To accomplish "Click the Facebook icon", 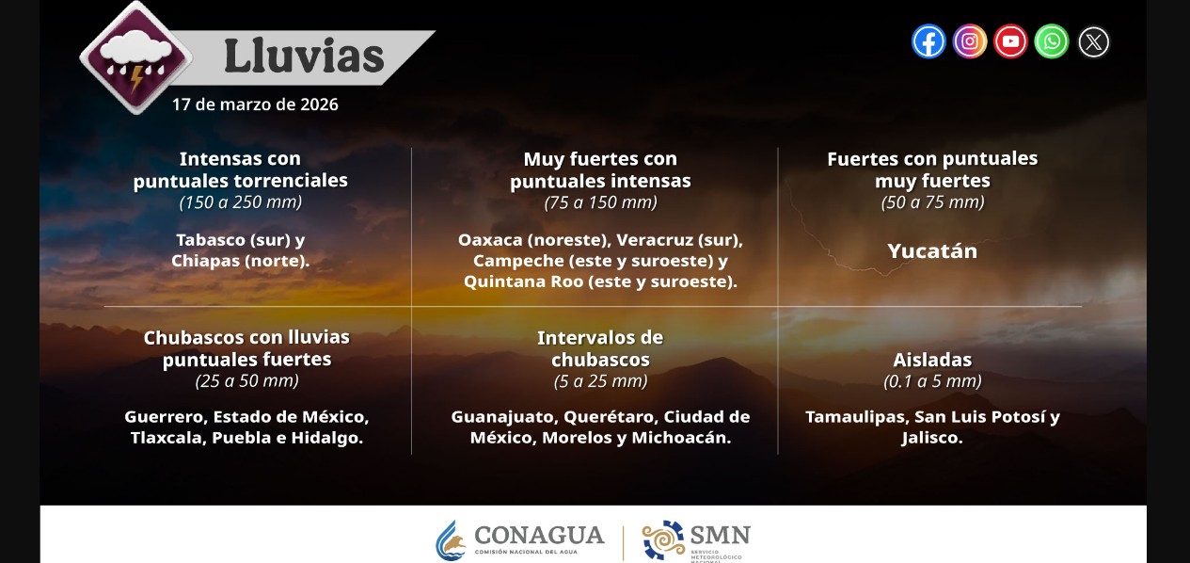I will pos(928,41).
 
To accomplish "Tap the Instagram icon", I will pos(970,41).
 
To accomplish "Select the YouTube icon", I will pos(1010,41).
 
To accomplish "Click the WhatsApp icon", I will pos(1052,41).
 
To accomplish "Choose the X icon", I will pos(1093,42).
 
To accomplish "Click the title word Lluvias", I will pos(304,56).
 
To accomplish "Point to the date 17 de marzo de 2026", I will pos(255,105).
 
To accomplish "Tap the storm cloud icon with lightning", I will pos(137,58).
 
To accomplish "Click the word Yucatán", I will pos(932,251).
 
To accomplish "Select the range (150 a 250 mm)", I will pos(241,202).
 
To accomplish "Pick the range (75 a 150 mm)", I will pos(600,202).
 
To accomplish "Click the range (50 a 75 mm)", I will pos(932,202).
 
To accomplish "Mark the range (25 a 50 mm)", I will pos(247,381).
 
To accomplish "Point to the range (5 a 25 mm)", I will pos(600,381).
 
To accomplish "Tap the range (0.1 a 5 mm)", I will pos(932,381).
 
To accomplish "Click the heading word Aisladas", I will pos(932,360).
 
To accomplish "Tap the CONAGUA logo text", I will pos(539,536).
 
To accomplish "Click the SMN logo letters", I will pos(721,535).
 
